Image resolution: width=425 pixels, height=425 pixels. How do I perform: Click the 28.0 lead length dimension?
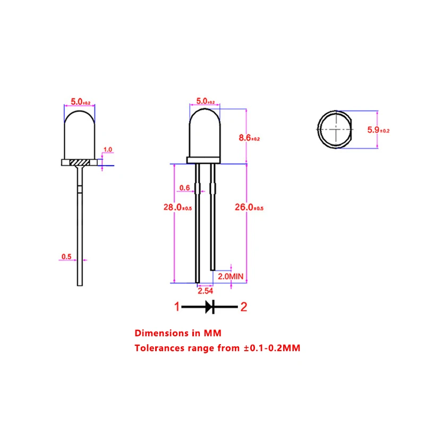177,207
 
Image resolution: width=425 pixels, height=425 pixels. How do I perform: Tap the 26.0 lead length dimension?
249,207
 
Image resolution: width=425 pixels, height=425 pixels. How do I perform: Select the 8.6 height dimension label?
249,138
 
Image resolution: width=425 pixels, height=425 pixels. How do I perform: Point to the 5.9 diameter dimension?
378,130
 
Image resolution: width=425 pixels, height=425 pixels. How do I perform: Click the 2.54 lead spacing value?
205,291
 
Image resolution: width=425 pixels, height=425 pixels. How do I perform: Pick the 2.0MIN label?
231,276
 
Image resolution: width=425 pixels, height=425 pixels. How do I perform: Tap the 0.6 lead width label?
184,188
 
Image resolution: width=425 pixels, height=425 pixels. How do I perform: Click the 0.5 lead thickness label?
66,257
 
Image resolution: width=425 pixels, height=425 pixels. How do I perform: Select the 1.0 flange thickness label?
108,149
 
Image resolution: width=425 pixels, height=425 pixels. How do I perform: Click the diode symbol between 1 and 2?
210,307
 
